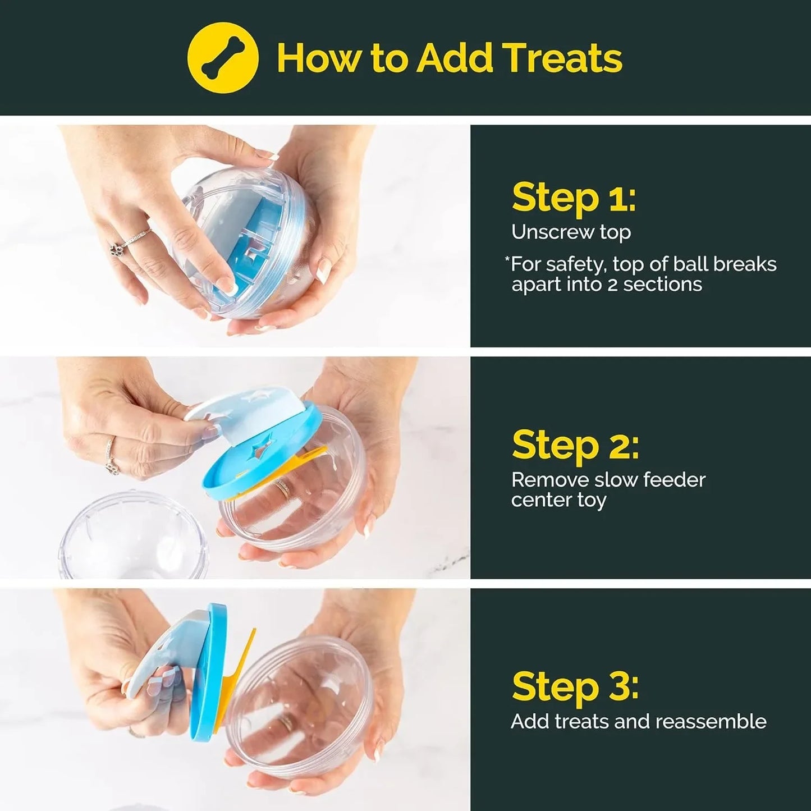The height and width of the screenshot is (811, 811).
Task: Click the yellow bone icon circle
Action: click(223, 58)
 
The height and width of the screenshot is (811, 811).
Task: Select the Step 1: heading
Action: click(574, 198)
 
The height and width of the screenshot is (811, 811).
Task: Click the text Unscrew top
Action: click(571, 232)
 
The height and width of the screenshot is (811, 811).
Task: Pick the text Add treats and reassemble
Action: click(638, 721)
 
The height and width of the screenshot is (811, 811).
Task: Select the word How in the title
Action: click(318, 58)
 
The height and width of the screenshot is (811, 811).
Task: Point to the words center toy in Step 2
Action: click(558, 500)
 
